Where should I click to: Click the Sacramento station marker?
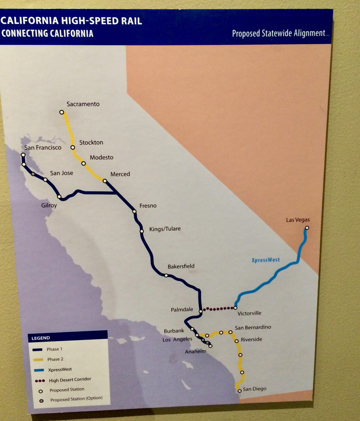[62, 112]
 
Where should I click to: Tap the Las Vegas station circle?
[307, 228]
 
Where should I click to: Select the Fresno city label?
[148, 206]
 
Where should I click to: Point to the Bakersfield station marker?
[166, 275]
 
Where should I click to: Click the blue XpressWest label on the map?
[265, 260]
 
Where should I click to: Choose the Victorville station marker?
[235, 308]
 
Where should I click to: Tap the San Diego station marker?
[240, 391]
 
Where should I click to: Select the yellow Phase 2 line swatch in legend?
[38, 359]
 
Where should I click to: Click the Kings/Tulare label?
[165, 229]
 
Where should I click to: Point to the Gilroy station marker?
[60, 197]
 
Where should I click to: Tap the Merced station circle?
[105, 181]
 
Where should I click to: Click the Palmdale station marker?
[201, 312]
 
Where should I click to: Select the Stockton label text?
[91, 142]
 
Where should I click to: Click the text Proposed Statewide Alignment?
[279, 33]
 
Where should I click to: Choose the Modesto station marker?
[83, 163]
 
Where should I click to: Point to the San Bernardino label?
[253, 327]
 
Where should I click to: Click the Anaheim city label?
[196, 352]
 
